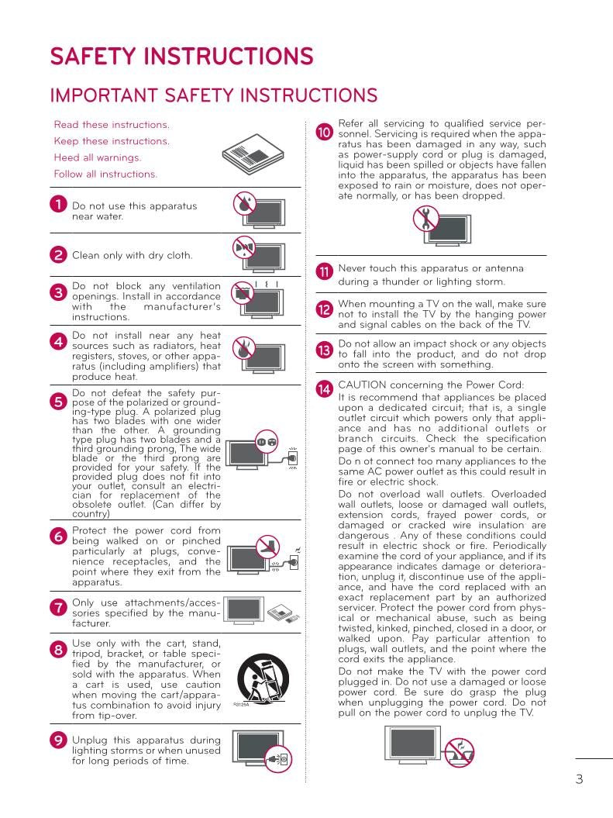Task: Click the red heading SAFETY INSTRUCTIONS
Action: (181, 57)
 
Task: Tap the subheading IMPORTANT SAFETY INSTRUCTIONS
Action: (213, 95)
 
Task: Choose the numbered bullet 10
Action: (325, 133)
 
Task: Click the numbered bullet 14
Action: (325, 389)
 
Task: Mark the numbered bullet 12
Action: (325, 309)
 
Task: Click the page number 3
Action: (579, 779)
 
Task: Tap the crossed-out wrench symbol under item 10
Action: (425, 219)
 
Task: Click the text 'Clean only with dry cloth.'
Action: (133, 255)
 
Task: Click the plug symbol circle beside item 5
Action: (266, 442)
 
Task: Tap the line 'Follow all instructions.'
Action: (105, 174)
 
